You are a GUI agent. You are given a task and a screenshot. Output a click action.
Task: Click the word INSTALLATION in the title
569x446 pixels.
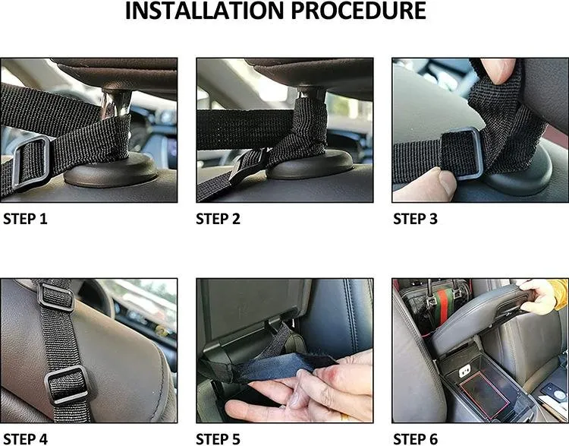pos(203,11)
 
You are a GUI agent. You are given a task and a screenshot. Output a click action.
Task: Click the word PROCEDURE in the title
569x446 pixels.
pos(359,11)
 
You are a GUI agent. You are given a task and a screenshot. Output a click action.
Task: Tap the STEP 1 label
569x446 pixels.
pos(25,219)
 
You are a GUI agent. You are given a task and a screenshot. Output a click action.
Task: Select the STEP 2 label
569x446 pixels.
pos(218,219)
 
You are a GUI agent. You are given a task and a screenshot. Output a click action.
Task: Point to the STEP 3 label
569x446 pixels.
pos(415,219)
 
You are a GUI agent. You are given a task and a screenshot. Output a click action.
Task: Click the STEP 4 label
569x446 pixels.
pos(25,438)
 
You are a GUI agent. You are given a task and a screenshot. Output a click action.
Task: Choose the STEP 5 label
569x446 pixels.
pos(218,438)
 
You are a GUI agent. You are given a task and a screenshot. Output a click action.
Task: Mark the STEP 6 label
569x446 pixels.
pos(415,438)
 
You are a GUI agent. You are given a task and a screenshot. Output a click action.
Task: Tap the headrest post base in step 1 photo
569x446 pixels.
pos(111,170)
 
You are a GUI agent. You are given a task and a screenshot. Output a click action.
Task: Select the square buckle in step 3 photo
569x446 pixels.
pos(461,153)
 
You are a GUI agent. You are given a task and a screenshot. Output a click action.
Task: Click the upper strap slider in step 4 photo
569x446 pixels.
pos(55,296)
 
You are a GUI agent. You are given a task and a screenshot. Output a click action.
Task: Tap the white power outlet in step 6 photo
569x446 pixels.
pos(465,371)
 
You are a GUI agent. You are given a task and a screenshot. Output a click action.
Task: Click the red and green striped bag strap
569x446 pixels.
pos(444,310)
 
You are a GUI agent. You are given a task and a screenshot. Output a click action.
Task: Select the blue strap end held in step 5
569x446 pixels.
pos(287,365)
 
